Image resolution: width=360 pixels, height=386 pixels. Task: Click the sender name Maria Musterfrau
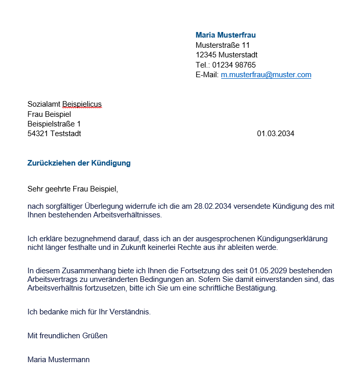[225, 35]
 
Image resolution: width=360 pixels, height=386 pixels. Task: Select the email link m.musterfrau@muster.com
[266, 75]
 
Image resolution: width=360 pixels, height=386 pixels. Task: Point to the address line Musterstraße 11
[222, 45]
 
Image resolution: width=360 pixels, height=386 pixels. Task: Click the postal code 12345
[206, 55]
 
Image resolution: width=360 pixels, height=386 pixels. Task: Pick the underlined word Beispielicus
[82, 104]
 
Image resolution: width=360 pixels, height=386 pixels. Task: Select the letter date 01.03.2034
[275, 134]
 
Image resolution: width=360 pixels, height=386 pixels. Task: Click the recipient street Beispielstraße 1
[54, 124]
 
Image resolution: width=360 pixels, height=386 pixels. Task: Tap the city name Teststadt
[66, 134]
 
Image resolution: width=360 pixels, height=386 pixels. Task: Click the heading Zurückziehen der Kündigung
[79, 163]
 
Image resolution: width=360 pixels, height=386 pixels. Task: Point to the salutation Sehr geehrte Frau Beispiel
[73, 189]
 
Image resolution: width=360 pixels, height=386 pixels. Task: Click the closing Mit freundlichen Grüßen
[67, 336]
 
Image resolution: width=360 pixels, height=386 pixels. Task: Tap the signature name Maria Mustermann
[58, 360]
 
